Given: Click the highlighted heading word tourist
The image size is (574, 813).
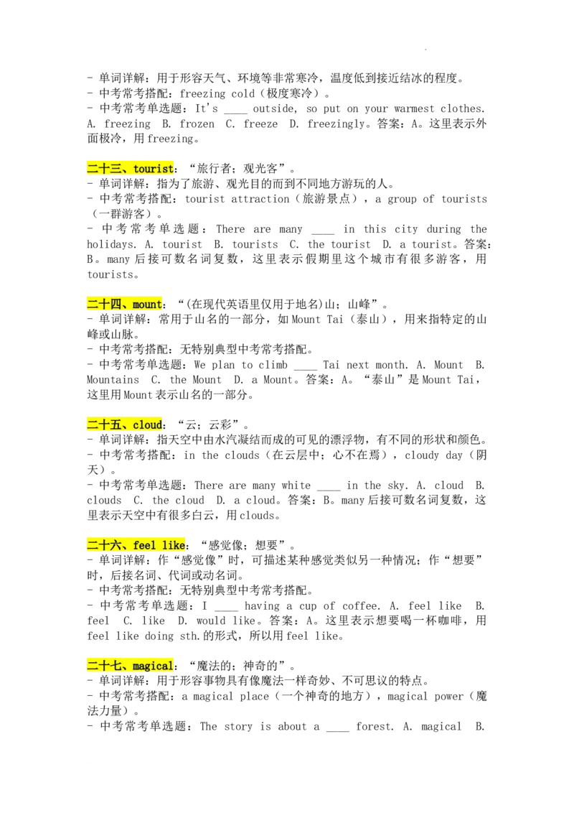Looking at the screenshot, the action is click(154, 169).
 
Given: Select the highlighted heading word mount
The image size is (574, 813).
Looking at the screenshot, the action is click(147, 305).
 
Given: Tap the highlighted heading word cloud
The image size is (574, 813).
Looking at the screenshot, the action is click(148, 424).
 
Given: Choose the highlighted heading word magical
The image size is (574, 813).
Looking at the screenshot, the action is click(153, 666).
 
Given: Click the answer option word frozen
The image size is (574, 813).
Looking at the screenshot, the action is click(197, 124).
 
